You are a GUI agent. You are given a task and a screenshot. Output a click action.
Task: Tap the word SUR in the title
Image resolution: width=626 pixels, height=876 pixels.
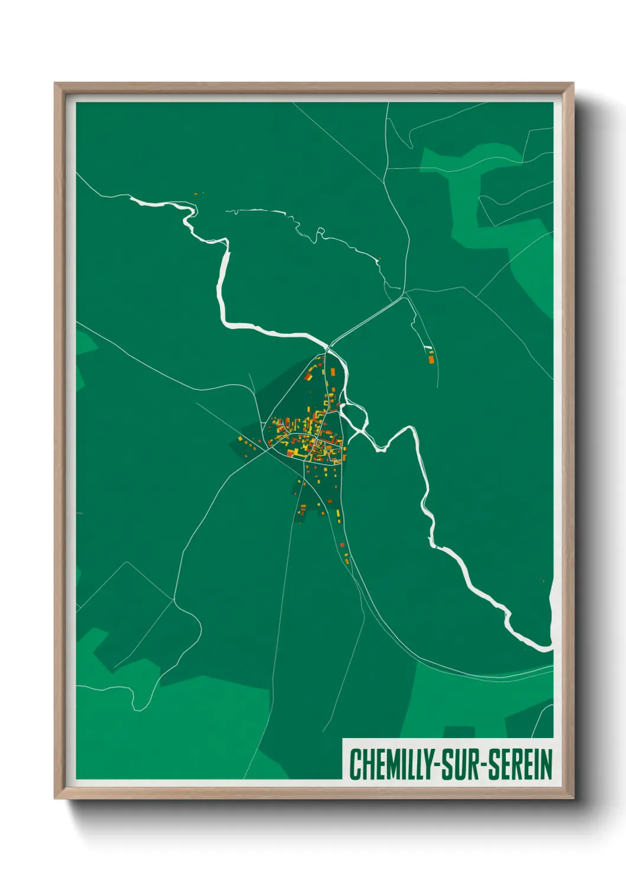coord(462,764)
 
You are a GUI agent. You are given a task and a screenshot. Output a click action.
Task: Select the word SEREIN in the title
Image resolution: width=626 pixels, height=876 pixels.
coord(519,764)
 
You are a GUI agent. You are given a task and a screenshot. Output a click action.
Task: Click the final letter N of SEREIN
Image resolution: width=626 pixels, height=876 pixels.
coord(547,764)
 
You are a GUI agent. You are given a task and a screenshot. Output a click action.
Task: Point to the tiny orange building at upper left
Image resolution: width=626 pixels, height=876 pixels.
coord(196,194)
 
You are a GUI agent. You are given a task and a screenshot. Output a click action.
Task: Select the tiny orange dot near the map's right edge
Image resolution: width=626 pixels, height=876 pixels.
coord(544,581)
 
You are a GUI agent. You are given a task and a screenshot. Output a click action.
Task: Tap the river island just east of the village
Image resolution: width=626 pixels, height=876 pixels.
coord(354,417)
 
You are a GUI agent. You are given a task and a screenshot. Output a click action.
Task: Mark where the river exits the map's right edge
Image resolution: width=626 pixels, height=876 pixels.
coord(550,648)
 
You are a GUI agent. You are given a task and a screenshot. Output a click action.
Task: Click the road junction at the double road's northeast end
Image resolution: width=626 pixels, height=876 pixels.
coord(405,296)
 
